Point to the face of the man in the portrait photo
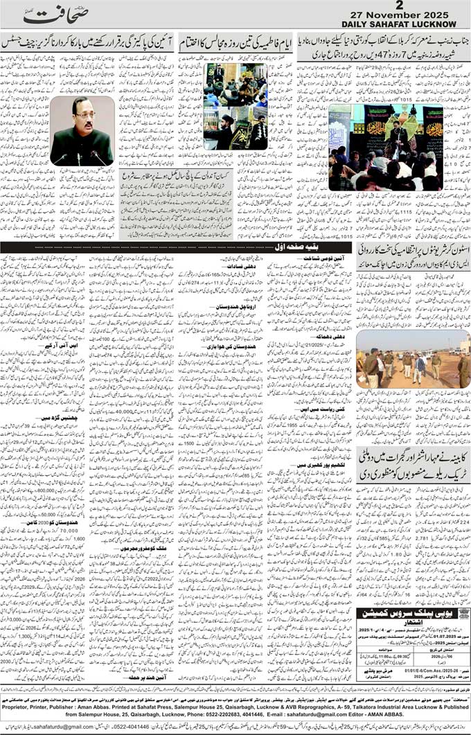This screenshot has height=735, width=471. tap(82, 118)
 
